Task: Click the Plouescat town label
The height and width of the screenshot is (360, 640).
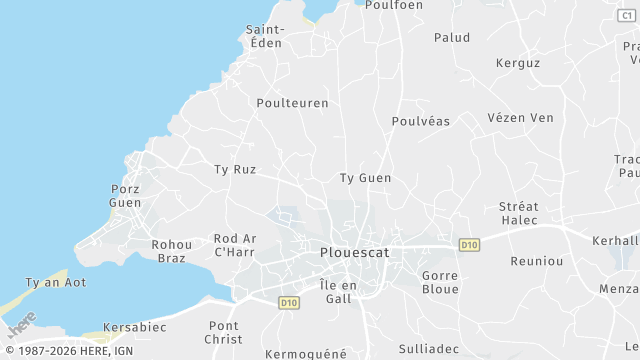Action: coord(355,253)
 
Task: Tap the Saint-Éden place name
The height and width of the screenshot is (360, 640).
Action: coord(266,36)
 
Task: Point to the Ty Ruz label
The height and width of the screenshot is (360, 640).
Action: coord(235,170)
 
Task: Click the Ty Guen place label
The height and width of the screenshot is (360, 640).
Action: coord(366,178)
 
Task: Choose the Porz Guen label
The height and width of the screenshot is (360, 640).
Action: coord(125,195)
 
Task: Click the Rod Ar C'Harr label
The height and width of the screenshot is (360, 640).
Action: coord(236,245)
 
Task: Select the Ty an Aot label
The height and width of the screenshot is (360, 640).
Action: coord(56,282)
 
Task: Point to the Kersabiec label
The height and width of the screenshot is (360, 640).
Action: coord(135,327)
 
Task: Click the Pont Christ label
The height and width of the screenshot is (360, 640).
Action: coord(224,333)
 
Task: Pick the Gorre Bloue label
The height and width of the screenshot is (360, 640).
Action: coord(440,282)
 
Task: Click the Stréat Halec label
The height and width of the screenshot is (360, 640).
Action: coord(519,213)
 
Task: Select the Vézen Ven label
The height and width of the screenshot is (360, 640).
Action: coord(520,118)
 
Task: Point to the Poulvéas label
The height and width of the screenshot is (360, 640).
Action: coord(420,121)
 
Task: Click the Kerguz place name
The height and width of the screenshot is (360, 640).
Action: coord(518,63)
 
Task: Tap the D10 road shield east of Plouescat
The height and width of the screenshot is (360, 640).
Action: coord(469,245)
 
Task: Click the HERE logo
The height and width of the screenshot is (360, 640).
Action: coord(22,324)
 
